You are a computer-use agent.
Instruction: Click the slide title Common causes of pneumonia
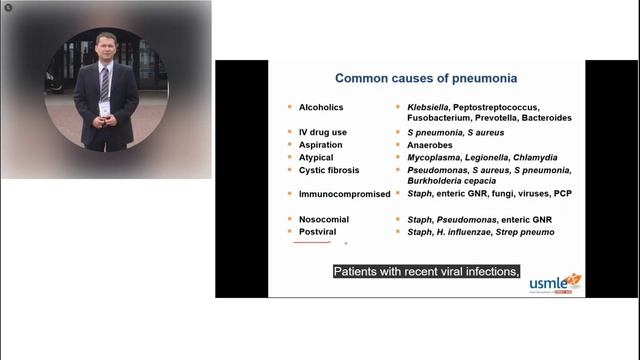click(x=425, y=77)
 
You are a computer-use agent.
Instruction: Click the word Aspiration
click(x=322, y=145)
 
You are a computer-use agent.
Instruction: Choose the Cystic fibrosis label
click(x=331, y=169)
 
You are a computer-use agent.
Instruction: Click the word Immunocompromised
click(x=344, y=194)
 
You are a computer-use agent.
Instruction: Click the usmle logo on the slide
click(x=554, y=283)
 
